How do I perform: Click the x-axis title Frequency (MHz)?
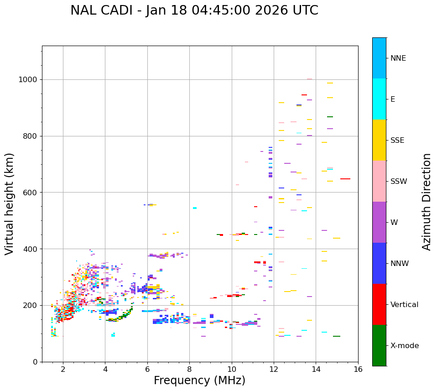pyautogui.click(x=199, y=381)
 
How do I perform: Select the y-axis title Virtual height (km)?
pyautogui.click(x=10, y=203)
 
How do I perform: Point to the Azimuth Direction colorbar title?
pyautogui.click(x=427, y=202)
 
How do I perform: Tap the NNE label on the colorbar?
pyautogui.click(x=398, y=58)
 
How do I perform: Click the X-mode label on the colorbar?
pyautogui.click(x=404, y=346)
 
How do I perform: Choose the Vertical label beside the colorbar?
pyautogui.click(x=404, y=305)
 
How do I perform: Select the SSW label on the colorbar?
pyautogui.click(x=399, y=182)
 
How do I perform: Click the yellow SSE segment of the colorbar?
pyautogui.click(x=379, y=140)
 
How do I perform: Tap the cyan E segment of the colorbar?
pyautogui.click(x=379, y=99)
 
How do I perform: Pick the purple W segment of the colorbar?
pyautogui.click(x=379, y=222)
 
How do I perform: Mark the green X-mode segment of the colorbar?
pyautogui.click(x=379, y=345)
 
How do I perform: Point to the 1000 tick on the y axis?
pyautogui.click(x=27, y=80)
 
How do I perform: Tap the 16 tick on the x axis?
pyautogui.click(x=358, y=369)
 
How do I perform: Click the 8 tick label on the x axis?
pyautogui.click(x=189, y=369)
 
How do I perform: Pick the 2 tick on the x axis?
pyautogui.click(x=63, y=369)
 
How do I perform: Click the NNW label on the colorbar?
pyautogui.click(x=400, y=264)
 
